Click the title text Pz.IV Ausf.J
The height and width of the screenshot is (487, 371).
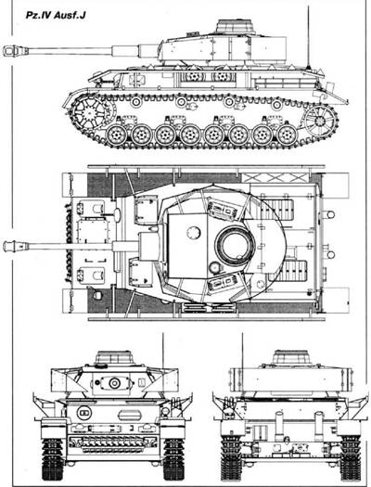pos(56,16)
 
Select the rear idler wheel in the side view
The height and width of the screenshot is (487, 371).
pos(320,121)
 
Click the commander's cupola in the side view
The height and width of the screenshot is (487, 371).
pos(236,26)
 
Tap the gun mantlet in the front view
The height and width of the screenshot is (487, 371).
pos(114,383)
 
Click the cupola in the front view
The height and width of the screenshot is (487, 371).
pos(115,358)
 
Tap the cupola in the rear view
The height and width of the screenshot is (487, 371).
pos(291,357)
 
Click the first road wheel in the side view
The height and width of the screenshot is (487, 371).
pos(117,135)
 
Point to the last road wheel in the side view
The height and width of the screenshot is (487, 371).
pos(288,135)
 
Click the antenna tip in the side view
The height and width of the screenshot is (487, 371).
pos(308,6)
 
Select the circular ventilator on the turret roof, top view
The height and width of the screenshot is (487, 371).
pos(194,232)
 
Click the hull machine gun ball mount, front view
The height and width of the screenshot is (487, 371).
pos(83,412)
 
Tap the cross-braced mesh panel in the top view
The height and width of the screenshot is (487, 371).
pos(275,178)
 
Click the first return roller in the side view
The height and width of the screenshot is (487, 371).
pos(135,101)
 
